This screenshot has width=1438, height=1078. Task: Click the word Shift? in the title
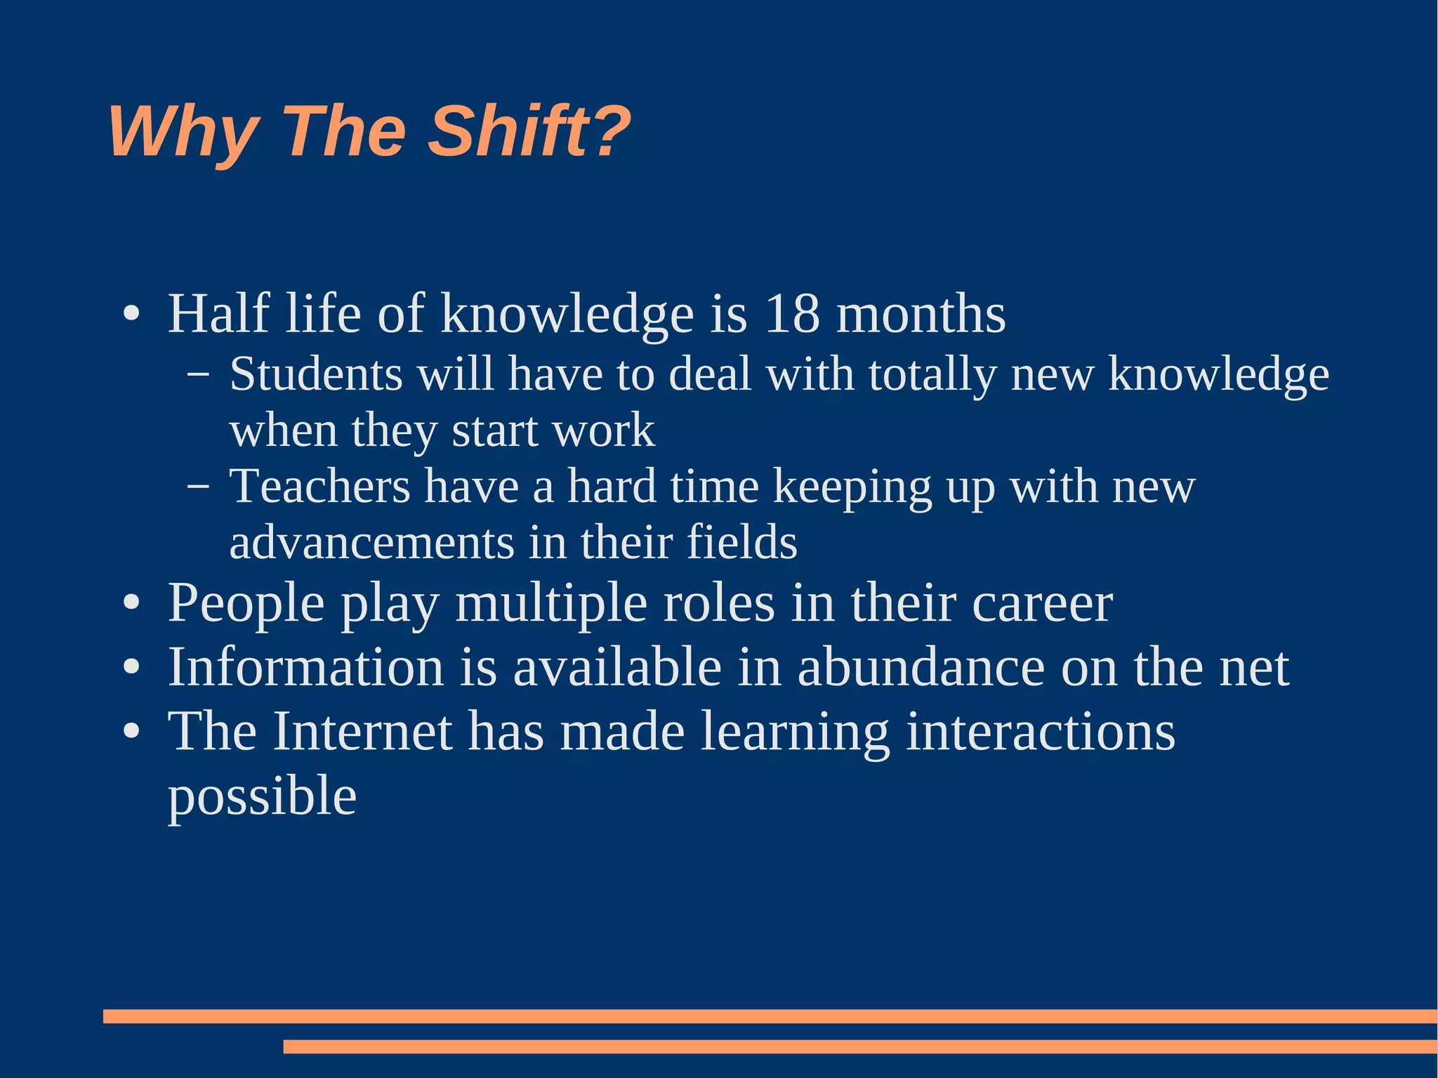click(x=529, y=131)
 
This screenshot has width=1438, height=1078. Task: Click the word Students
click(x=316, y=374)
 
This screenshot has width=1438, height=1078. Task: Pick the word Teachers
click(x=320, y=486)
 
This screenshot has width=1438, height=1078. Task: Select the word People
click(x=246, y=604)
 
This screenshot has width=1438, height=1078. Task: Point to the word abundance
click(x=921, y=667)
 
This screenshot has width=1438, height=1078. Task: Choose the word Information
click(x=305, y=667)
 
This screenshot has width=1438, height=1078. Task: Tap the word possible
click(x=262, y=798)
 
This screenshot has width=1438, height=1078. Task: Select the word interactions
click(x=1041, y=732)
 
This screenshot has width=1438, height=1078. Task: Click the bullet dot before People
click(x=131, y=604)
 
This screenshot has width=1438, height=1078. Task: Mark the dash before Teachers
click(x=198, y=486)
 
